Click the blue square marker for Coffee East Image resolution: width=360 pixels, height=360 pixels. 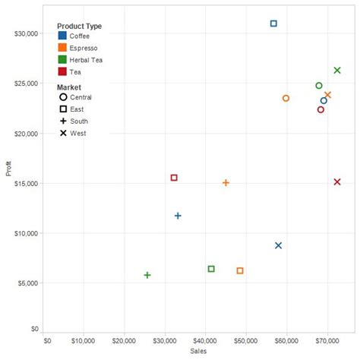[273, 24]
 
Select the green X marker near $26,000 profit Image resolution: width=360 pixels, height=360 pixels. [337, 71]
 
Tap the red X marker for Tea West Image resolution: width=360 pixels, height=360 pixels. [337, 182]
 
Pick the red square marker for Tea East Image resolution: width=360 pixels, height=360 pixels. [174, 178]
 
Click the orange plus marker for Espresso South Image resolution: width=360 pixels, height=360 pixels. [226, 183]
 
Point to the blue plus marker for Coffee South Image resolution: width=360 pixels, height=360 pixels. [178, 216]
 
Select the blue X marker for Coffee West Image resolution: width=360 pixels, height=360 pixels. [279, 245]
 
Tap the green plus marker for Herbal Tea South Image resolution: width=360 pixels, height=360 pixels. [147, 275]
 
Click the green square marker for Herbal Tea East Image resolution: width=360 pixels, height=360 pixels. [211, 269]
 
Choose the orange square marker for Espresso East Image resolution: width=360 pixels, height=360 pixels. [240, 270]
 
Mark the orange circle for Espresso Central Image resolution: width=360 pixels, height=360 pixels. [286, 98]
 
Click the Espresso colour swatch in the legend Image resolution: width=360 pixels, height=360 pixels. [62, 48]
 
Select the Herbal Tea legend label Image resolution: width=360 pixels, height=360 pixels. [85, 60]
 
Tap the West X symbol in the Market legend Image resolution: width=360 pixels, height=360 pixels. [62, 133]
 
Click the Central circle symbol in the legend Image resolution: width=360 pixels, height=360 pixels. [62, 97]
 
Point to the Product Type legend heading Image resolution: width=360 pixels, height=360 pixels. [79, 27]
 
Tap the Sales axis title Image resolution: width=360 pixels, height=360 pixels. [197, 352]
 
